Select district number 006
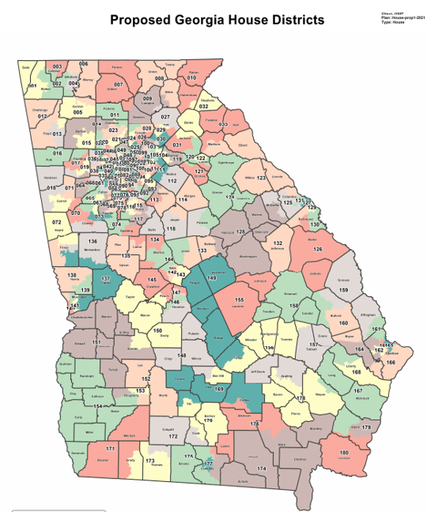tap(84, 63)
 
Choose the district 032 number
tap(203, 106)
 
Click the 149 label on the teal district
tap(211, 278)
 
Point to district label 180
tap(344, 454)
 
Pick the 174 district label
tap(262, 469)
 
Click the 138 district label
tap(72, 275)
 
